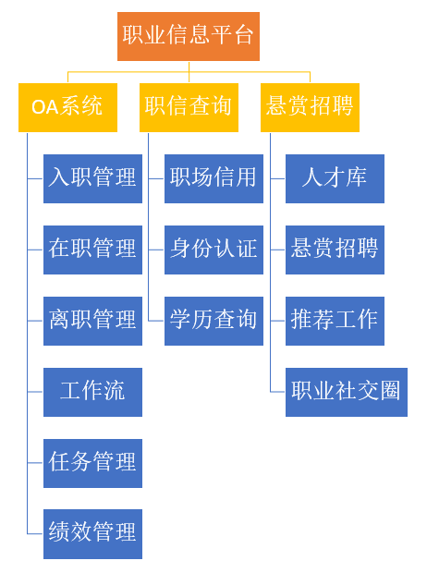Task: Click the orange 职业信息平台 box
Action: (x=189, y=36)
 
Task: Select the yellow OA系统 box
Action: (x=67, y=107)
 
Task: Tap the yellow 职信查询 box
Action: (x=189, y=107)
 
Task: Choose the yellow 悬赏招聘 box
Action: (x=310, y=107)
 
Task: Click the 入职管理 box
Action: (x=92, y=178)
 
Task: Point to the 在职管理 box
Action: (x=92, y=250)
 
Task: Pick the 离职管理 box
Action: (x=92, y=321)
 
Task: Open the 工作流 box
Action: (x=92, y=392)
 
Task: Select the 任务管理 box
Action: (x=92, y=463)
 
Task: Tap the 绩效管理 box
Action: (x=92, y=534)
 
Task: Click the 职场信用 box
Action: (x=213, y=178)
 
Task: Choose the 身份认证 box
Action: (x=213, y=250)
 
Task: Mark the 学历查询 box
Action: (x=213, y=321)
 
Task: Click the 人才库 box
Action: (x=335, y=178)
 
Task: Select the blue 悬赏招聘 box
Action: (x=335, y=250)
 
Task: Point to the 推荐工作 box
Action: (x=335, y=321)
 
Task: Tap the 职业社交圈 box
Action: (x=347, y=392)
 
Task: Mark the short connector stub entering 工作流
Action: (x=35, y=392)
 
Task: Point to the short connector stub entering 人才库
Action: (x=278, y=178)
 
